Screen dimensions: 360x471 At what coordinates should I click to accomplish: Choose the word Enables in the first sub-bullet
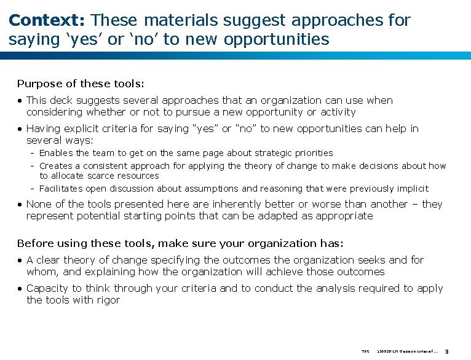coord(56,153)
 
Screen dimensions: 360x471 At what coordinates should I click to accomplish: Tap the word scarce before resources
coord(107,176)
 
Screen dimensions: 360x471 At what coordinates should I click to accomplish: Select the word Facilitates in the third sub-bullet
coord(61,189)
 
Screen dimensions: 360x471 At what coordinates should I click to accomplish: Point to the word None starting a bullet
coord(39,204)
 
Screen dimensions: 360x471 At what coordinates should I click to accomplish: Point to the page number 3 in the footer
coord(447,352)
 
